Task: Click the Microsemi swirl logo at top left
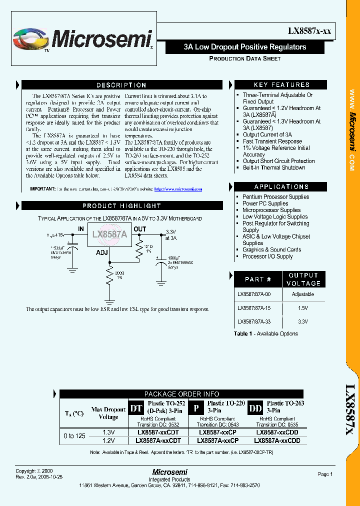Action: coord(31,39)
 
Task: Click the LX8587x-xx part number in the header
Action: coord(308,31)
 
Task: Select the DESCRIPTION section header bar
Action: coord(121,85)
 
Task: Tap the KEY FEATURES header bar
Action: coord(281,85)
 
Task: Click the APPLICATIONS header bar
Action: coord(281,186)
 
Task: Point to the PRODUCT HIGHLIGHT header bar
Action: coord(121,205)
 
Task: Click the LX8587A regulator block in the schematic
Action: coord(110,234)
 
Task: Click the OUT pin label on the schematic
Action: coord(140,229)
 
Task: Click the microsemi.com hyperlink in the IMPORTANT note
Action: coord(178,189)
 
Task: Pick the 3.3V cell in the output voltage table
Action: coord(302,322)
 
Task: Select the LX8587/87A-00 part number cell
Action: coord(258,294)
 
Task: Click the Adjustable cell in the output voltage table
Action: coord(302,294)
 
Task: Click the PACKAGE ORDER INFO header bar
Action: coord(181,394)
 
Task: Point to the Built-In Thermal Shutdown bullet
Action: coord(273,167)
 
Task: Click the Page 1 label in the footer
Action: coord(324,474)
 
